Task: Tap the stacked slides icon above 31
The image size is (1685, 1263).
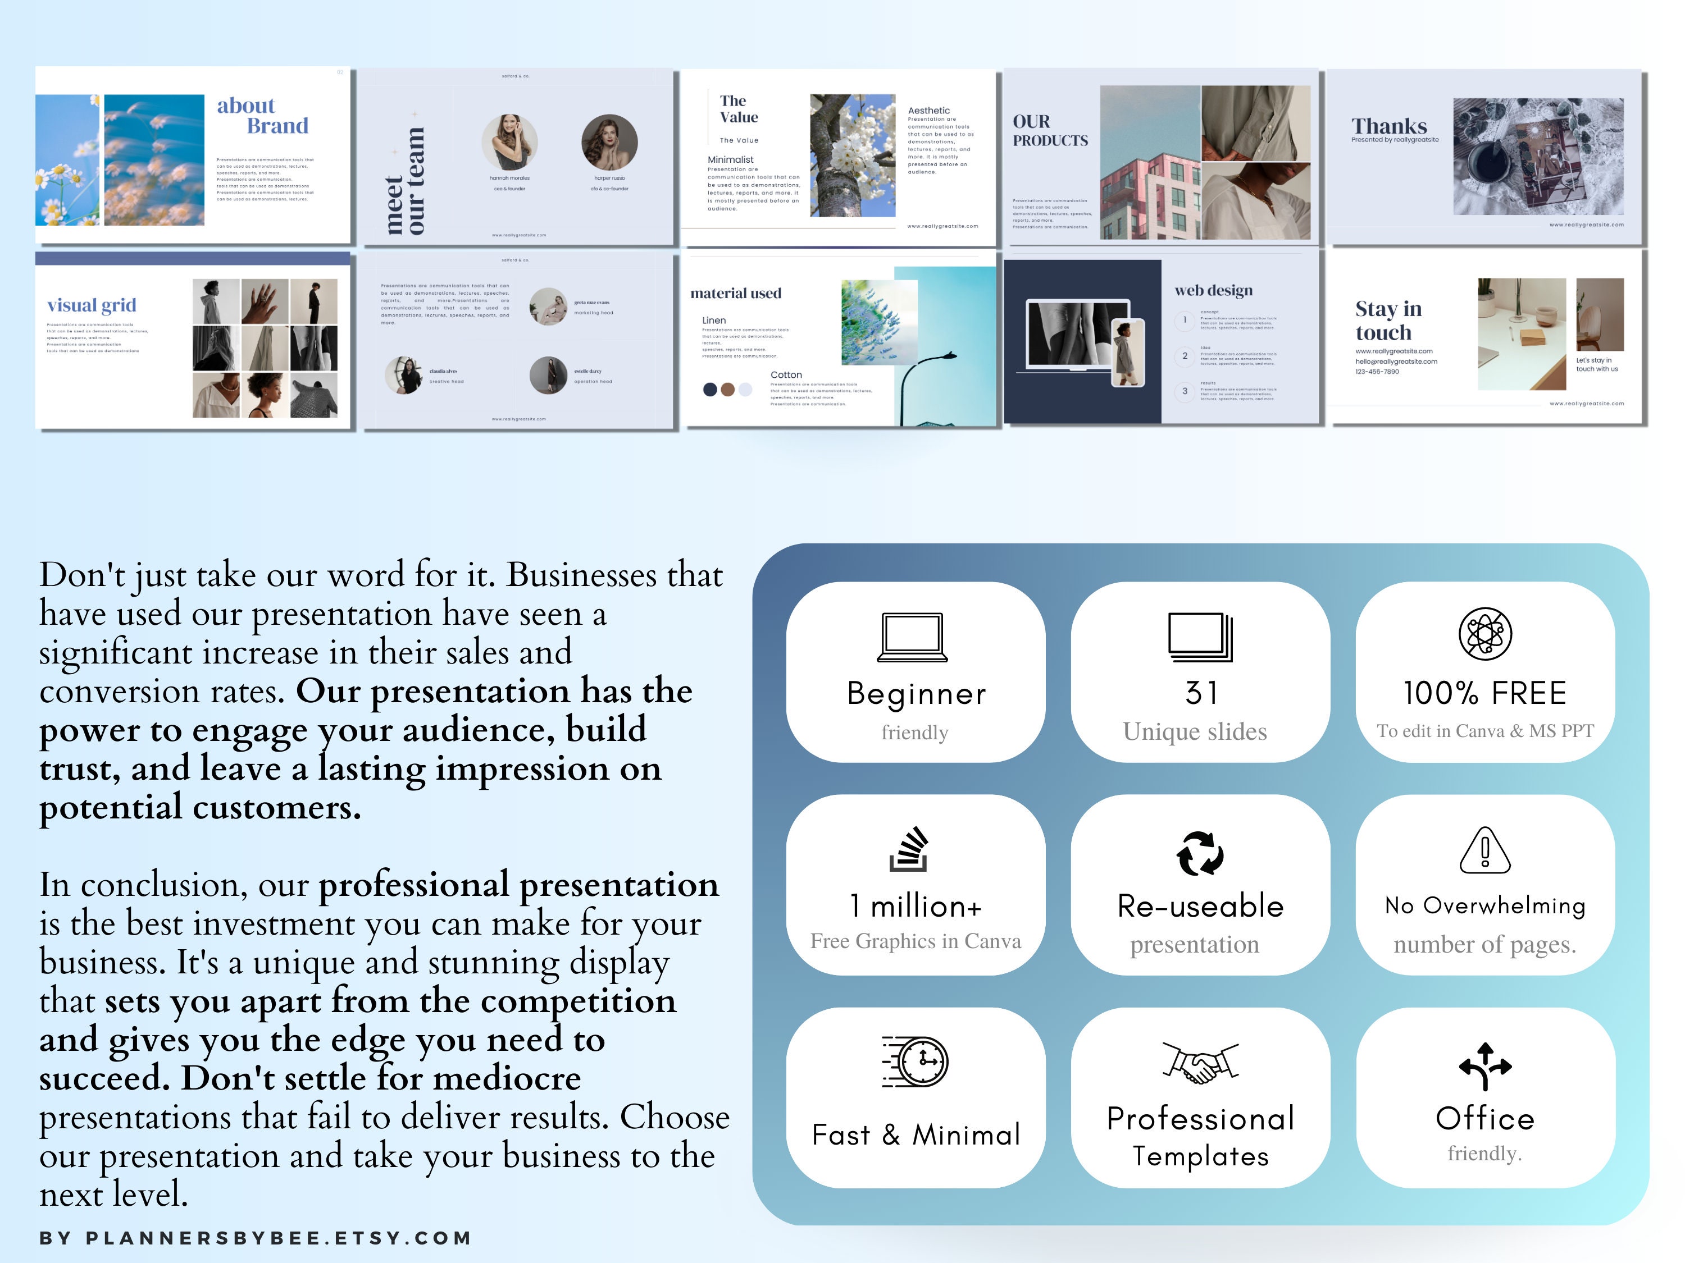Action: tap(1200, 637)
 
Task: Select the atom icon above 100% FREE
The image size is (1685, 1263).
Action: tap(1484, 633)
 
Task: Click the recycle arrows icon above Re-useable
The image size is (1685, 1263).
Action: tap(1200, 853)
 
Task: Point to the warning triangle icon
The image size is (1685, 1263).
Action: tap(1484, 850)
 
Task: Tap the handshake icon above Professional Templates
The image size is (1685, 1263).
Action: tap(1200, 1063)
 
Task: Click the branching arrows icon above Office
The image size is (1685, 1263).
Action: tap(1484, 1066)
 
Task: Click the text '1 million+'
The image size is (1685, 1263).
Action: tap(916, 906)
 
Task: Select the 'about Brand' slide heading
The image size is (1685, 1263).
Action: tap(262, 116)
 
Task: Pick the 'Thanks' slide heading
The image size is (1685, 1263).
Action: tap(1388, 126)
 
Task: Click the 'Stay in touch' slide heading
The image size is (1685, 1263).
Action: tap(1388, 321)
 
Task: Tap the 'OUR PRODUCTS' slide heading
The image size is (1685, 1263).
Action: tap(1050, 131)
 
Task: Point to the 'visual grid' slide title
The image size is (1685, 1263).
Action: tap(92, 305)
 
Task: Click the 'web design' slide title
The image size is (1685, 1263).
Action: tap(1213, 290)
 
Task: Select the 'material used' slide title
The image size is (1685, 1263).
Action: tap(735, 293)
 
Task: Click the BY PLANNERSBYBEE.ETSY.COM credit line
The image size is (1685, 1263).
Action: tap(255, 1238)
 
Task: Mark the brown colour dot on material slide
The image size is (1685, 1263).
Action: tap(727, 390)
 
